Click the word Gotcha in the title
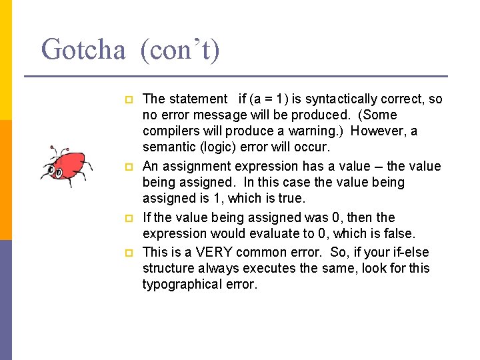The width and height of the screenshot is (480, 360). pyautogui.click(x=83, y=49)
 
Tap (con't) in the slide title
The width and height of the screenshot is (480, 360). pyautogui.click(x=180, y=49)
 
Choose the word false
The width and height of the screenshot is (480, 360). pyautogui.click(x=399, y=233)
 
